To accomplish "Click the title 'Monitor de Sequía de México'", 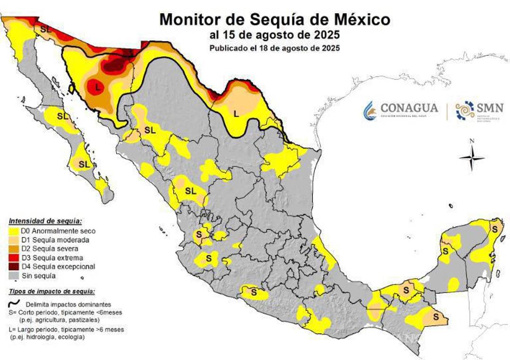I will tap(275, 20).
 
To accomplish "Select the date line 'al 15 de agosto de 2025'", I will tap(275, 36).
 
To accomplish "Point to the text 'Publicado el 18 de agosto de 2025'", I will tap(275, 48).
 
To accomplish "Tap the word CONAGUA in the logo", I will tap(409, 108).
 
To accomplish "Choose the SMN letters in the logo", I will tap(490, 108).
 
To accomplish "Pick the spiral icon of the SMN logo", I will tap(465, 111).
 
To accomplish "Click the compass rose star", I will tap(472, 159).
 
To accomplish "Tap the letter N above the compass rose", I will tap(472, 141).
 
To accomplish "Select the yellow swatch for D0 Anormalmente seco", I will tap(14, 231).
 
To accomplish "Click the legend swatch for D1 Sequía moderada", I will tap(14, 240).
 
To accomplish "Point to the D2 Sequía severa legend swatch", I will tap(14, 249).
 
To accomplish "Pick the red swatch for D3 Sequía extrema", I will tap(14, 258).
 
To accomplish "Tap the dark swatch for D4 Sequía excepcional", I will tap(14, 267).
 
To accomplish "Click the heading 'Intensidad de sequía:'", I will tap(45, 221).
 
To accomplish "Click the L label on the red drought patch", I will tap(98, 87).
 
